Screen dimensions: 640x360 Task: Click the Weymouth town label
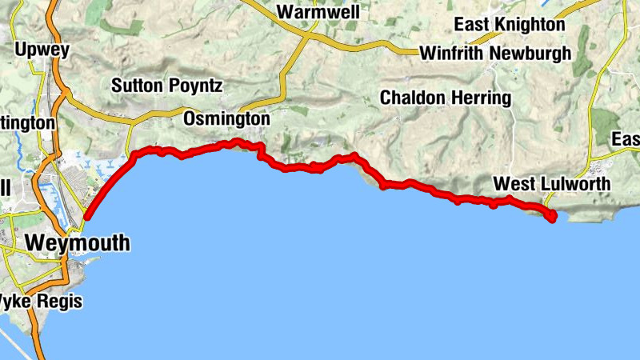pos(78,242)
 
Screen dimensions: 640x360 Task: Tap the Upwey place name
pos(42,50)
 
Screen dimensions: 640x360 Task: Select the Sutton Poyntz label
pos(166,86)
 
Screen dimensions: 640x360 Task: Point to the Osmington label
pos(226,118)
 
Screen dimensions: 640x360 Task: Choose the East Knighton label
pos(509,25)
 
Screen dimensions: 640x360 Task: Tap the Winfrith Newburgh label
pos(496,54)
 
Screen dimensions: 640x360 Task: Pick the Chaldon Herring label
pos(445,98)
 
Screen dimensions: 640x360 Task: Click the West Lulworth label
pos(552,184)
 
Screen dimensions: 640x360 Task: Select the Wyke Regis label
pos(40,302)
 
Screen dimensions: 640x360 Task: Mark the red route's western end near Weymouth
pos(86,217)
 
